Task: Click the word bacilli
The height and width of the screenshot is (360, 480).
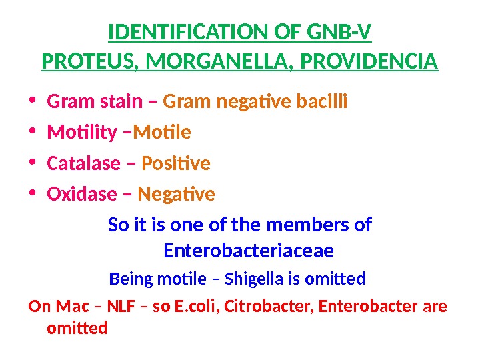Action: click(323, 103)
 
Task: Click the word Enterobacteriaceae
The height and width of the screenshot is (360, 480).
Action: click(249, 251)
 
